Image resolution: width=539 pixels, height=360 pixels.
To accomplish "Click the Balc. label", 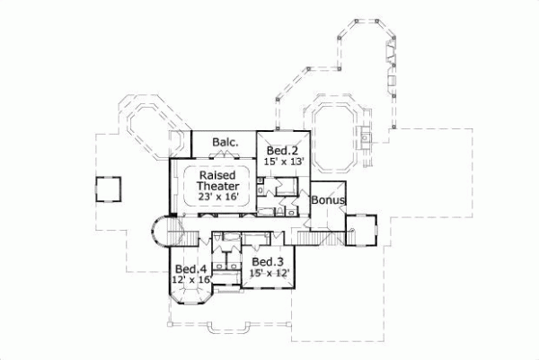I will (x=224, y=143).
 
